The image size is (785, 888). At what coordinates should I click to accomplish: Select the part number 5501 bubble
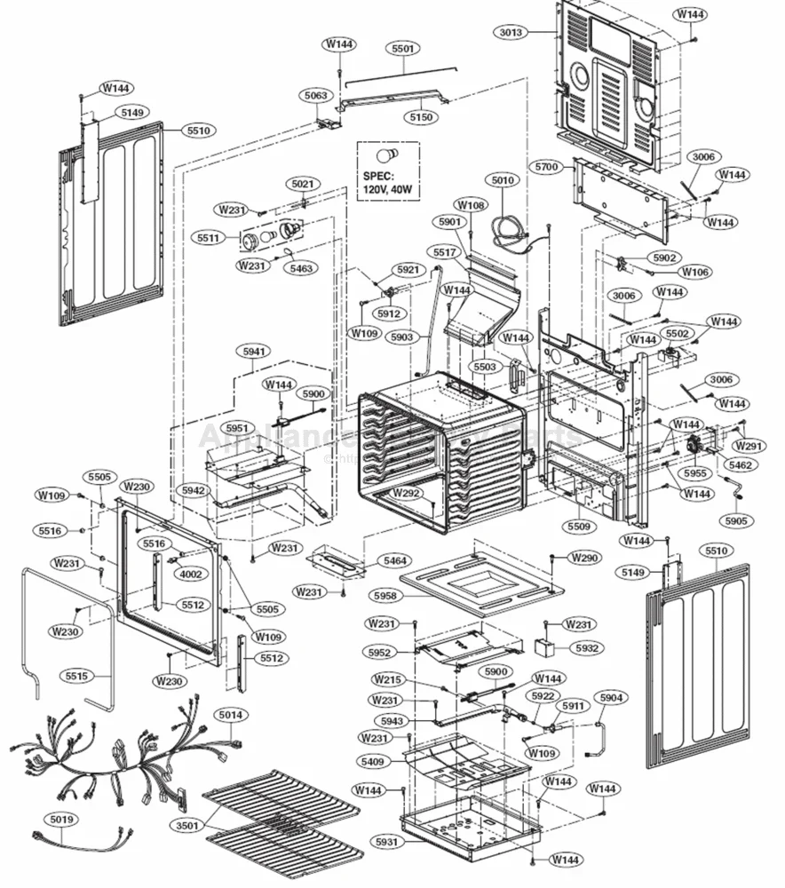pyautogui.click(x=401, y=50)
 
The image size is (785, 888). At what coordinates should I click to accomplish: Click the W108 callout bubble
pyautogui.click(x=472, y=205)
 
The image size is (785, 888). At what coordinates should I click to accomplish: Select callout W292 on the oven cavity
pyautogui.click(x=411, y=493)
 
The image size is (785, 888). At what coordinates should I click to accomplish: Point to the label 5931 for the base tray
pyautogui.click(x=387, y=841)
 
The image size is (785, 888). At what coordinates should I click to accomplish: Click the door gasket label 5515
pyautogui.click(x=77, y=676)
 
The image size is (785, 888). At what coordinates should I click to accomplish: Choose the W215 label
pyautogui.click(x=387, y=679)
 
